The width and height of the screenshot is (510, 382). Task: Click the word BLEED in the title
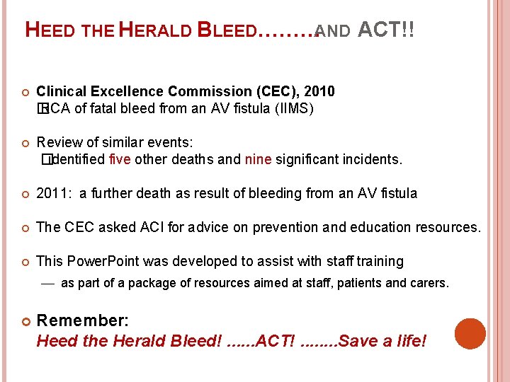click(227, 30)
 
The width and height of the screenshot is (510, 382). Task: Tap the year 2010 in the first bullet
click(319, 91)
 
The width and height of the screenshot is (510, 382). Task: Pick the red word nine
click(258, 159)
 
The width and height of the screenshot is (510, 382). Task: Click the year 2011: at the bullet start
click(54, 193)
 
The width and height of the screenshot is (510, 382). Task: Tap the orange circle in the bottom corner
click(470, 333)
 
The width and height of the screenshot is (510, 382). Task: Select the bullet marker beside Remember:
click(24, 320)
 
